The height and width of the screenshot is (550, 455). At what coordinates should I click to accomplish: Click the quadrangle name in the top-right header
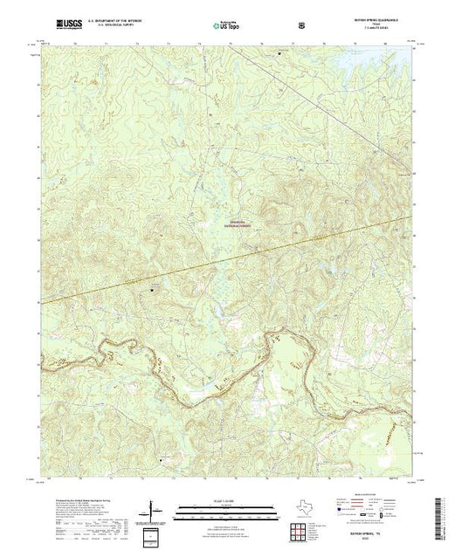click(378, 20)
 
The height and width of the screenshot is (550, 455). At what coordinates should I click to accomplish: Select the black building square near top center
click(280, 52)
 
